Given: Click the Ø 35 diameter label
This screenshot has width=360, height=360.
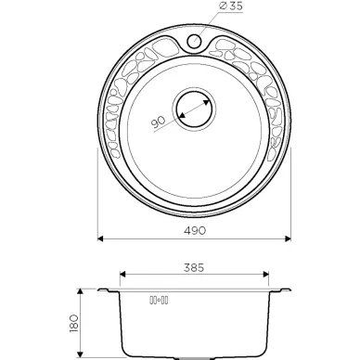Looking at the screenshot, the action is (x=231, y=6).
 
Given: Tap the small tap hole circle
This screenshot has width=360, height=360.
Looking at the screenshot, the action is (x=194, y=41).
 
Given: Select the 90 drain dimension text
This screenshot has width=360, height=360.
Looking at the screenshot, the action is (x=158, y=122).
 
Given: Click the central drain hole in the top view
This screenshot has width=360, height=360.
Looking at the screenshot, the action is (x=194, y=109).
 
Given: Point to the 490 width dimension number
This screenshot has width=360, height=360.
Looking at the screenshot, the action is (x=195, y=230).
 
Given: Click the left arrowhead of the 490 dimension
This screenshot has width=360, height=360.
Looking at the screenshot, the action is (x=100, y=238).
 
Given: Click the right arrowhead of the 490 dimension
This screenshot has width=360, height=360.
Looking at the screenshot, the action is (x=288, y=238).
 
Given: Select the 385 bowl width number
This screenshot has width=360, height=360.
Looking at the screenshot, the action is (x=194, y=267).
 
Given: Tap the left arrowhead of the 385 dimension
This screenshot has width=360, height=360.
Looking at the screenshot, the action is (x=122, y=274).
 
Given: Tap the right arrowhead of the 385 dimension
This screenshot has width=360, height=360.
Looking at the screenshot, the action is (x=265, y=274).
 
